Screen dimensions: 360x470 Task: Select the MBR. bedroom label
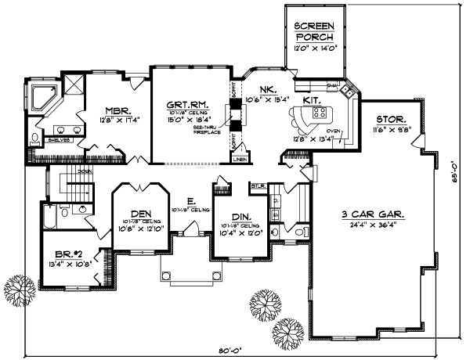(x=118, y=110)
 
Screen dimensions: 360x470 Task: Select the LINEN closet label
(x=240, y=160)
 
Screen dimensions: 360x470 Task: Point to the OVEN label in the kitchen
(x=332, y=131)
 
